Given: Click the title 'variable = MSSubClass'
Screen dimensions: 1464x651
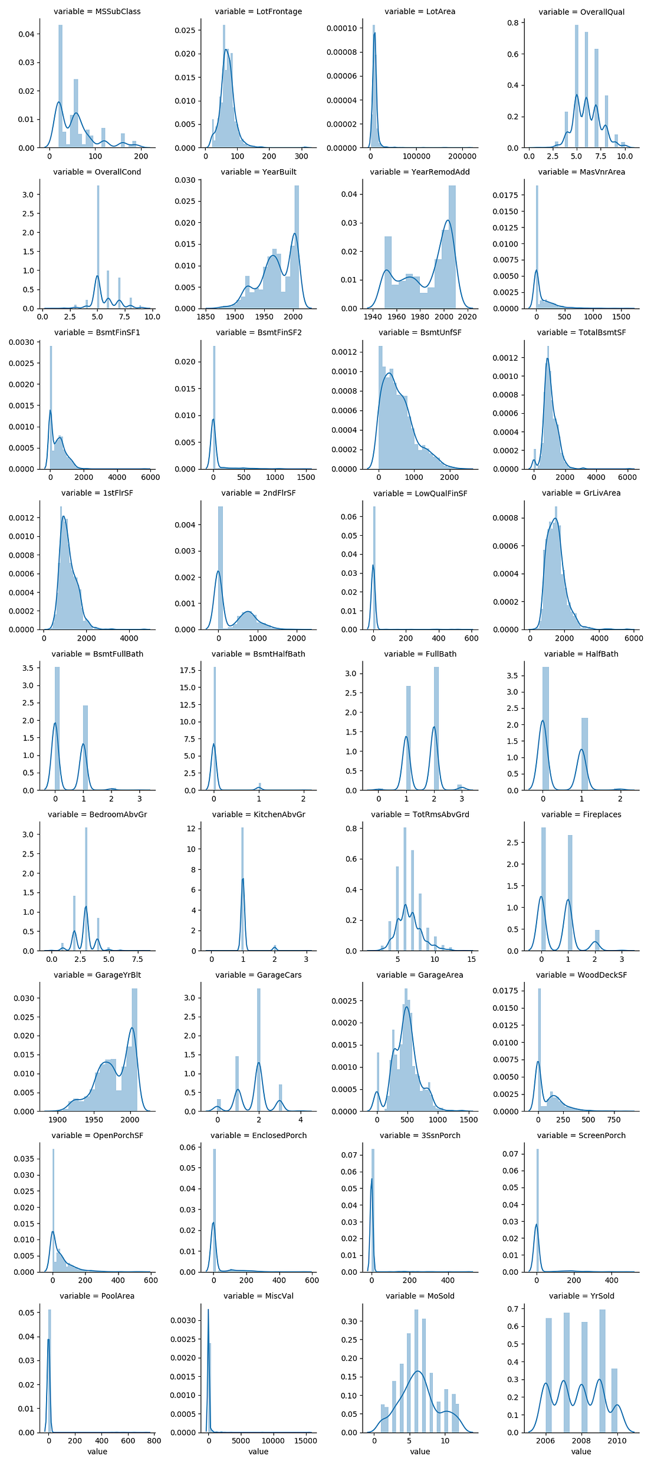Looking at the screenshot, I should tap(97, 11).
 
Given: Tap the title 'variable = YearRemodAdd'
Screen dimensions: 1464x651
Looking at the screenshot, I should tap(420, 172).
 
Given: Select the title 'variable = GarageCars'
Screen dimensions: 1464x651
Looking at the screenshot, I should tap(258, 975).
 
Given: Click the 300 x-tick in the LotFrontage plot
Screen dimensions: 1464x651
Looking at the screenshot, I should tap(301, 156).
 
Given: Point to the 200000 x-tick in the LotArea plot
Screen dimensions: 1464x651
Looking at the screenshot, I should tap(462, 156).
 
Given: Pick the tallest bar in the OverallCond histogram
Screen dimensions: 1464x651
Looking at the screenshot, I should tap(98, 248).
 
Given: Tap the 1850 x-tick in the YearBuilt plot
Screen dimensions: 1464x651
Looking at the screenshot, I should tap(205, 316).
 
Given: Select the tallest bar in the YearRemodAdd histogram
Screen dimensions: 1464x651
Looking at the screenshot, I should tap(452, 248).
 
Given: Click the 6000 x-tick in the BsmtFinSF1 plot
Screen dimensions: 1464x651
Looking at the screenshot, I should tap(150, 477).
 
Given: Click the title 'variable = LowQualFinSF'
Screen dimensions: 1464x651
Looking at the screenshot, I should tap(420, 493).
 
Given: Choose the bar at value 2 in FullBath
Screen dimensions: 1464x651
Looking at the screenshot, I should tap(436, 728).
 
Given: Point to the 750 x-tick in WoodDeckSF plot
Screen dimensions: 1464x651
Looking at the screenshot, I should tap(613, 1120).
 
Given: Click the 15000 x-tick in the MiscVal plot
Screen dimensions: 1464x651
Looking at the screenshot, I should tap(305, 1440).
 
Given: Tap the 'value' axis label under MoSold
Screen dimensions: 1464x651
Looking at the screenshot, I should tap(420, 1452).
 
